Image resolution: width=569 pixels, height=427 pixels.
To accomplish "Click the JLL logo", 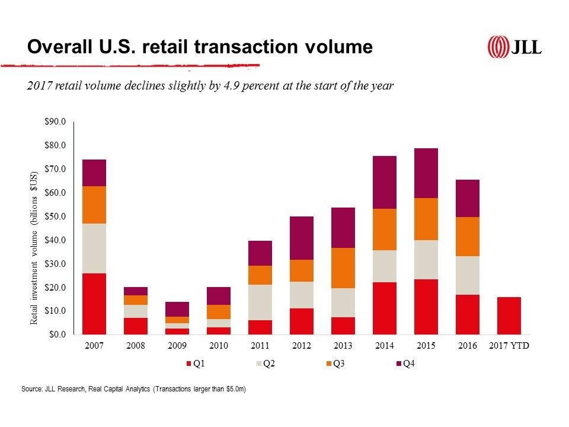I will (x=514, y=47).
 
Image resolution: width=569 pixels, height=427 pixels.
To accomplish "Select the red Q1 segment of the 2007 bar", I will (x=94, y=304).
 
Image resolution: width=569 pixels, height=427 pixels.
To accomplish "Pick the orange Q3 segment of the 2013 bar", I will (x=343, y=268).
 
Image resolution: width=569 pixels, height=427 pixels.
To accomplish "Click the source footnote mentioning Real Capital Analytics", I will (x=133, y=389).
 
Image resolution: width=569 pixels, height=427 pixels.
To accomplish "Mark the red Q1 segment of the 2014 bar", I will (x=385, y=308).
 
